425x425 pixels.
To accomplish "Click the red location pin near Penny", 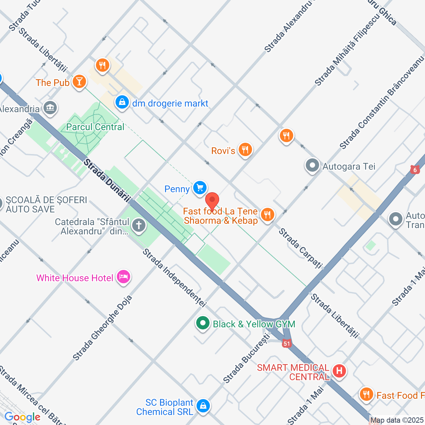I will (212, 201).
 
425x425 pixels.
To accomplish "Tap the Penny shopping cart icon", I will (200, 188).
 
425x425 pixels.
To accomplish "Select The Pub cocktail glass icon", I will (79, 81).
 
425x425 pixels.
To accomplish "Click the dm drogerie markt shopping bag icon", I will (122, 102).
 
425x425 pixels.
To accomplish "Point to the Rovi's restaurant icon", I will (245, 150).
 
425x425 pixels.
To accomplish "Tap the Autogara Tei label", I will (349, 166).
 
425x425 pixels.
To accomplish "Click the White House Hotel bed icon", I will (124, 277).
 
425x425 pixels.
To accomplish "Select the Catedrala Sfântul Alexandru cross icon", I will (139, 225).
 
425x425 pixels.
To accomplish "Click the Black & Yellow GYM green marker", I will (203, 323).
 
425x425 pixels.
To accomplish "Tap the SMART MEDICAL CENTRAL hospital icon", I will (339, 370).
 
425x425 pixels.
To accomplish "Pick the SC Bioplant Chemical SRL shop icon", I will (203, 405).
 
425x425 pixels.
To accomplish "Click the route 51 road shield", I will (287, 344).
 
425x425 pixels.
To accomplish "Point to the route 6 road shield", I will (415, 170).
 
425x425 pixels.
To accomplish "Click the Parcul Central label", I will (95, 127).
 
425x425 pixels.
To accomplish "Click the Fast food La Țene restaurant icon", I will (267, 214).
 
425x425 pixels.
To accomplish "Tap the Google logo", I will (22, 417).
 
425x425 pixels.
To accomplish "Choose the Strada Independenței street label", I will (175, 278).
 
